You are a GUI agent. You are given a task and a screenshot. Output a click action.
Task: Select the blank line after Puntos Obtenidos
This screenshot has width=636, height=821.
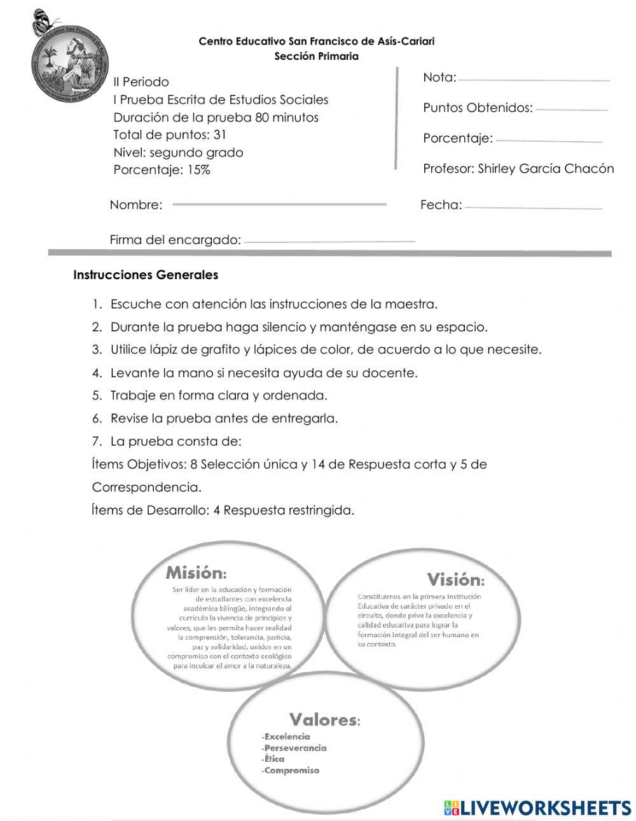[x=571, y=110]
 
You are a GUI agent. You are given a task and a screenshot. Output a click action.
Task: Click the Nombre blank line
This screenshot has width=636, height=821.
[x=279, y=205]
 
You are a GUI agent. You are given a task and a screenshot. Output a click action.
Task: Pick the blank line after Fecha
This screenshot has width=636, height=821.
[x=533, y=207]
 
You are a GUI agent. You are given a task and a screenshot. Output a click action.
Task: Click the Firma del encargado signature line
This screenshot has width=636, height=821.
[x=329, y=242]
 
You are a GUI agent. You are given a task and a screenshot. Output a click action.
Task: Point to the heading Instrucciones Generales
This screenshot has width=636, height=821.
[x=146, y=275]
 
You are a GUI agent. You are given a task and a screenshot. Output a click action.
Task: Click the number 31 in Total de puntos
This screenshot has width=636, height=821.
[x=220, y=135]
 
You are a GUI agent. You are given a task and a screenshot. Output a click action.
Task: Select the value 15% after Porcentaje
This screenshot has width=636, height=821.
[x=198, y=170]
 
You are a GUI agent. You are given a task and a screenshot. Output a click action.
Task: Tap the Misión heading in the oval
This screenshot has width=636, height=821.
[x=196, y=572]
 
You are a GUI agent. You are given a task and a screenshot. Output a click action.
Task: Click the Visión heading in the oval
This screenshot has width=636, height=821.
[x=455, y=579]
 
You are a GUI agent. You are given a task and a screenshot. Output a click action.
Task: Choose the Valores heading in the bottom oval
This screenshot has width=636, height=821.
[x=325, y=720]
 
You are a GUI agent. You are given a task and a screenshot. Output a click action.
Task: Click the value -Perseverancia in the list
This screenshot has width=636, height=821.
[x=294, y=748]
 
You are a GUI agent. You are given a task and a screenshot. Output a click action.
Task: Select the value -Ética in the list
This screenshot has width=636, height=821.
[x=273, y=759]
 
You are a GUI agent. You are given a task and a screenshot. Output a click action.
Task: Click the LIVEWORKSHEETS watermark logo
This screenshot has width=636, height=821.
[x=537, y=808]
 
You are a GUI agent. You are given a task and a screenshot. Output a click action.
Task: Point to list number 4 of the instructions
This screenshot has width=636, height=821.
[x=97, y=373]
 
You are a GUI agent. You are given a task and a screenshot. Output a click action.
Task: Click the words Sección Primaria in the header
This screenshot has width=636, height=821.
[x=316, y=56]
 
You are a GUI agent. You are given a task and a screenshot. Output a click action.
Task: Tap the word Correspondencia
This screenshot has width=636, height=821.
[x=146, y=487]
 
